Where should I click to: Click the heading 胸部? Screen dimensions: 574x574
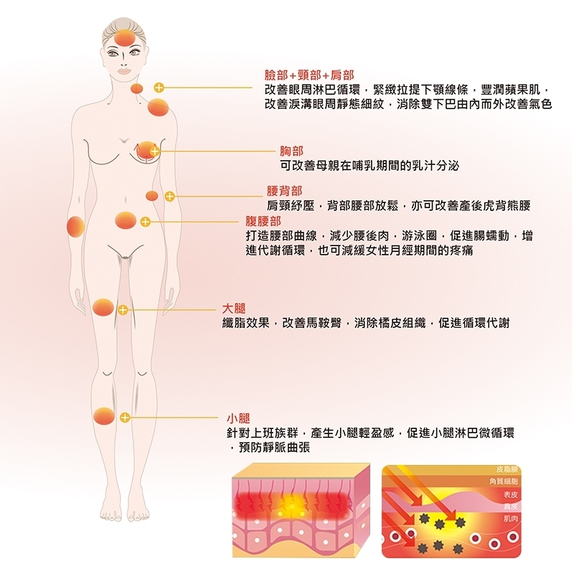click(x=291, y=151)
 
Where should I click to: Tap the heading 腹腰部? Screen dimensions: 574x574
click(x=263, y=221)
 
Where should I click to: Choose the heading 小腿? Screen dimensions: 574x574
click(x=237, y=418)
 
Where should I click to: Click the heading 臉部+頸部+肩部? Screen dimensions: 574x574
click(x=309, y=75)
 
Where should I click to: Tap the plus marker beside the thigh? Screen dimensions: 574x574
click(x=123, y=310)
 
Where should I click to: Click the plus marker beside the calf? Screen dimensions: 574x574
click(x=124, y=417)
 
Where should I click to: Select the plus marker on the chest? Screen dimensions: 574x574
click(x=154, y=151)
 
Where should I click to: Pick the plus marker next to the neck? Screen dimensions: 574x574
click(x=159, y=88)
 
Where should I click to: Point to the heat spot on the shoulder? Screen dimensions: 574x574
click(x=158, y=108)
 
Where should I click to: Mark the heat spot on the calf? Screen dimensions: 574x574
click(x=104, y=416)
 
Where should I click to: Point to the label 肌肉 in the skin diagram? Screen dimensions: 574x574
click(x=511, y=517)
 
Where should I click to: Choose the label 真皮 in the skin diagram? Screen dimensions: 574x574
click(x=511, y=507)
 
